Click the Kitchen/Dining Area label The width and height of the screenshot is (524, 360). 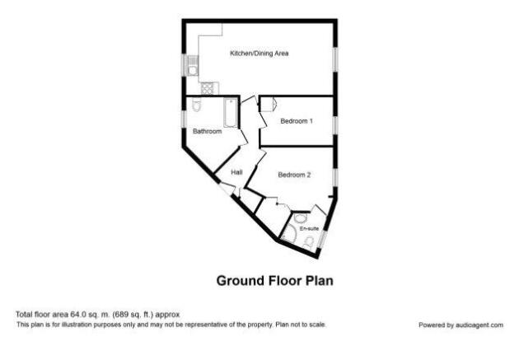[x=259, y=54]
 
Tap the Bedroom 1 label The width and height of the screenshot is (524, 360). [x=297, y=121]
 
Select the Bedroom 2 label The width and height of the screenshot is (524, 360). [x=294, y=175]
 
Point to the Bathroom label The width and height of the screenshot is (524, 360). [x=207, y=131]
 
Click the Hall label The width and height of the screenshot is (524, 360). [x=236, y=172]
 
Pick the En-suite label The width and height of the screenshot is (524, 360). [x=309, y=229]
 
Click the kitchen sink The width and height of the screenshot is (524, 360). [x=193, y=66]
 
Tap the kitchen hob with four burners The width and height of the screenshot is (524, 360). [x=208, y=89]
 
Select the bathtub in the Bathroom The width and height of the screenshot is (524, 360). [x=231, y=113]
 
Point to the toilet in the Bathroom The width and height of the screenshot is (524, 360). [x=197, y=105]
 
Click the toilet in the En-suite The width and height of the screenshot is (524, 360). [x=309, y=242]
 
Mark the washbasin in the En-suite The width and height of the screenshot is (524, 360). [x=301, y=218]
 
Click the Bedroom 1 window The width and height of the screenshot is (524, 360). [x=335, y=125]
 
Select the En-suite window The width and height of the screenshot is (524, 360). [x=322, y=240]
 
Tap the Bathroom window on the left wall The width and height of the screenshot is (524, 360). [x=184, y=119]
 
